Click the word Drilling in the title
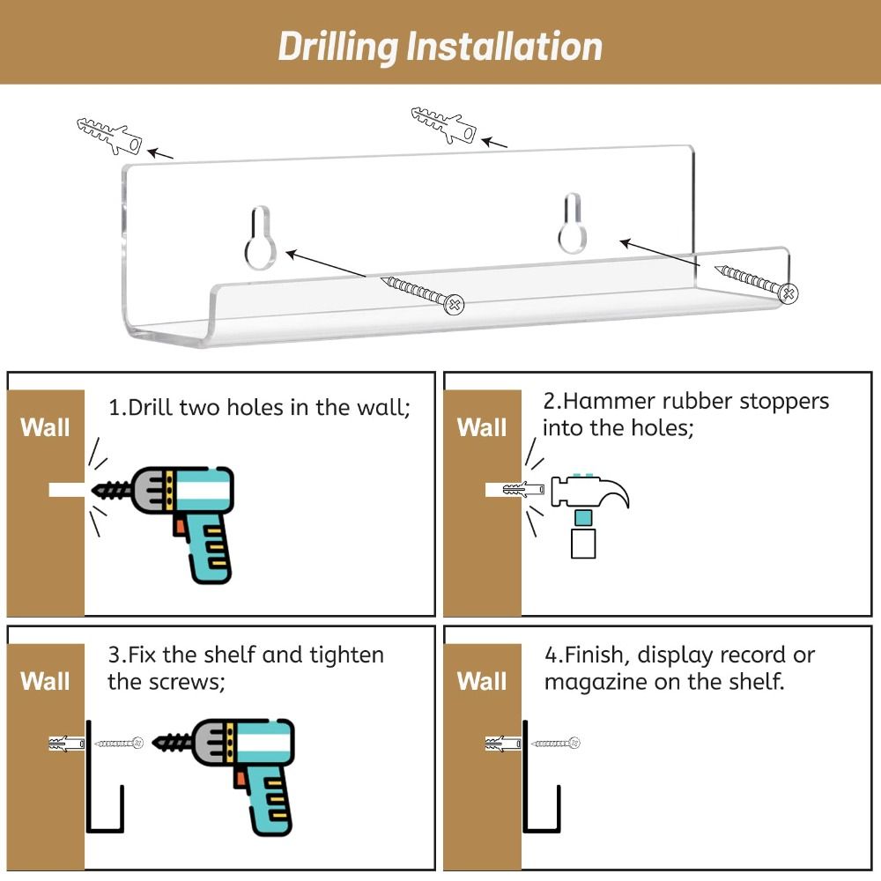337,47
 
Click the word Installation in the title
504,46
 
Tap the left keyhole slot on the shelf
260,238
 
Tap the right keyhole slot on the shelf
572,223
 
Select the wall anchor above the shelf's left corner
110,136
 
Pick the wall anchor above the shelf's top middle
444,125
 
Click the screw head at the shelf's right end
788,292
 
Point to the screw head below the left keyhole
454,304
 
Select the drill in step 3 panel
224,776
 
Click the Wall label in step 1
45,427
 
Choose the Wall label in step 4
482,681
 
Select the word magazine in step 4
596,682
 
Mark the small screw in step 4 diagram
556,743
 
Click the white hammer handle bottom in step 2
583,544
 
